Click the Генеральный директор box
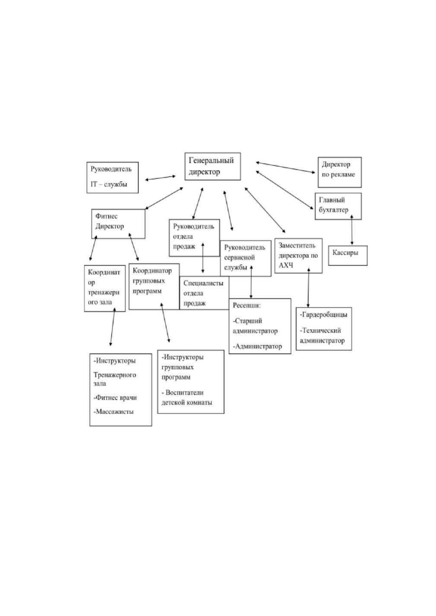tap(213, 166)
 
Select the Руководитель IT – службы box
tap(112, 177)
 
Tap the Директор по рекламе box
tap(340, 172)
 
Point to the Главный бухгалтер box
tap(338, 206)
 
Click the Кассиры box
tap(348, 255)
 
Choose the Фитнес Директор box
tap(118, 224)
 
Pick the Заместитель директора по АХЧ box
tap(298, 256)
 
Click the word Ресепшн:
tap(247, 305)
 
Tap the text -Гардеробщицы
tap(324, 315)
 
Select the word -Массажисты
tap(114, 412)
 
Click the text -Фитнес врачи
tap(115, 397)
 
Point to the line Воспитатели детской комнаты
tap(187, 398)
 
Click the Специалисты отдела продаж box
tap(204, 293)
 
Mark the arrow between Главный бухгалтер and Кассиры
tap(352, 230)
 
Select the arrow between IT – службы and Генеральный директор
tap(160, 178)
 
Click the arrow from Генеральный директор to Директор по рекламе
tap(285, 168)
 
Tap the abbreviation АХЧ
tap(286, 265)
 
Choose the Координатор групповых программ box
tap(154, 286)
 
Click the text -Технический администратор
tap(322, 335)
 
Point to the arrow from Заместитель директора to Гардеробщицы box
tap(308, 288)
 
